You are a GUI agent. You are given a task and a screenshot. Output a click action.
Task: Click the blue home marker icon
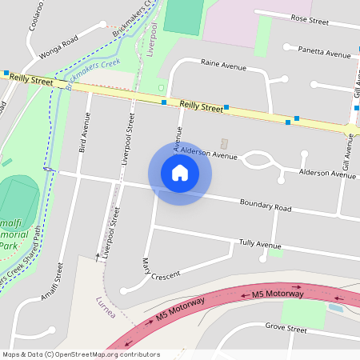[x=180, y=173]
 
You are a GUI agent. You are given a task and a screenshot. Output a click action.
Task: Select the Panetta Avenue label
[x=324, y=53]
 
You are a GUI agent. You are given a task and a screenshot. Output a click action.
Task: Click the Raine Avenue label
[x=223, y=62]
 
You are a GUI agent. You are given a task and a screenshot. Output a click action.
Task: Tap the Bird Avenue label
[x=83, y=132]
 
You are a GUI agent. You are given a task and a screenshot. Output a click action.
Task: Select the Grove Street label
[x=286, y=328]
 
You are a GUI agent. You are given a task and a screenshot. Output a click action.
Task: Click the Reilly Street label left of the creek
[x=33, y=80]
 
